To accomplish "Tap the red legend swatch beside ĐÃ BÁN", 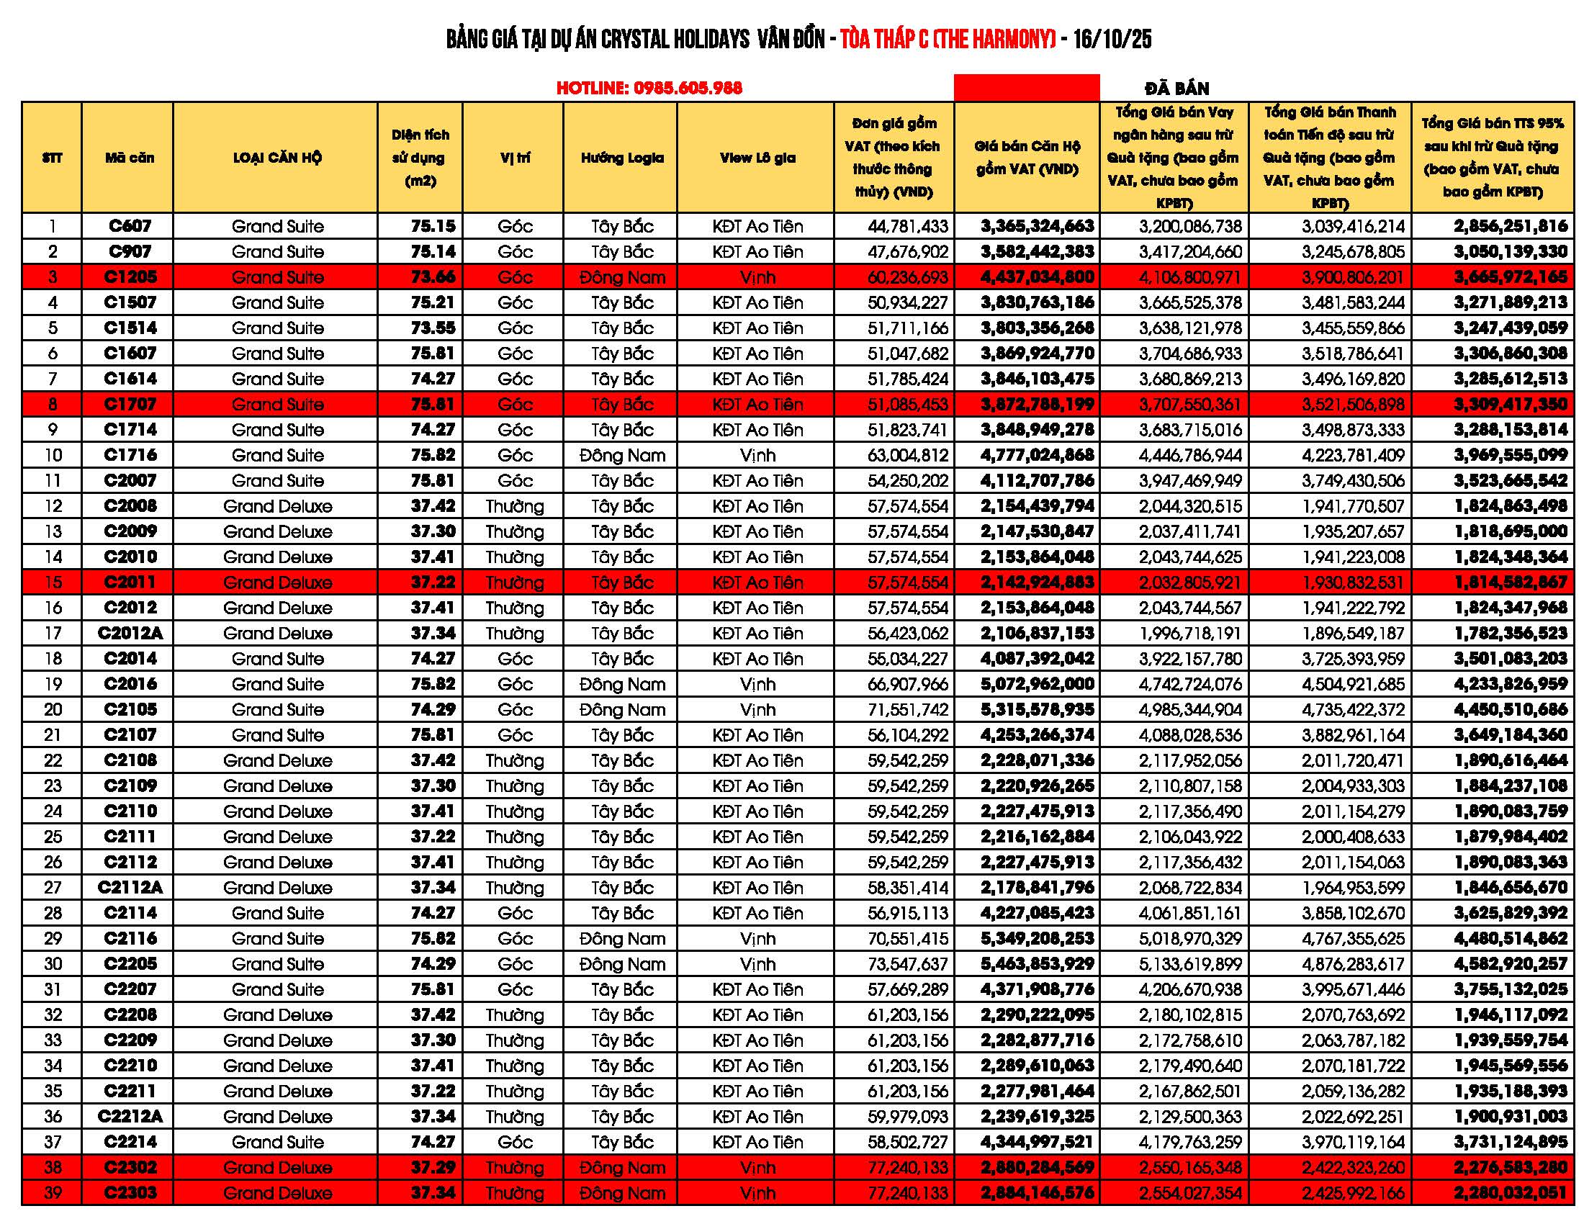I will [x=1026, y=88].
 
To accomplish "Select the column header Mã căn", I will [x=129, y=158].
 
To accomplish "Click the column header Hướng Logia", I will [x=621, y=158].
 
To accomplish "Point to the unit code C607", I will [x=130, y=226].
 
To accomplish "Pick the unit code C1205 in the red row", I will [x=130, y=277].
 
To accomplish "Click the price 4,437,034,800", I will [x=1037, y=277].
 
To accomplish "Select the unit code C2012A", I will [x=130, y=633].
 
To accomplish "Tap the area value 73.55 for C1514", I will [x=433, y=328].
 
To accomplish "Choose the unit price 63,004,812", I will [x=907, y=455].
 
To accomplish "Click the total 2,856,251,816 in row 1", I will [x=1510, y=226].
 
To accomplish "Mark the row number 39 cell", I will [x=53, y=1193].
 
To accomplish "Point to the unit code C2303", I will [x=130, y=1193].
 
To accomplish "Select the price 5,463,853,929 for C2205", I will [x=1037, y=963].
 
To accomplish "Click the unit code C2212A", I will [x=130, y=1117].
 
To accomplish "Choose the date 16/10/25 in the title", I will [x=1112, y=38].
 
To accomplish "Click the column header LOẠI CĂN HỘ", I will [x=277, y=158].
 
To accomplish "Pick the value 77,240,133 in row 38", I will [x=907, y=1167].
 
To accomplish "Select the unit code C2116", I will [x=130, y=938].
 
